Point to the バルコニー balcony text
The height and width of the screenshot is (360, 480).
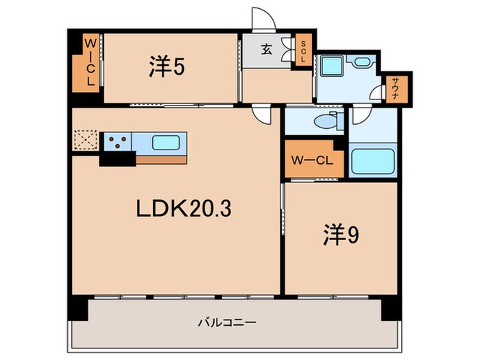(227, 322)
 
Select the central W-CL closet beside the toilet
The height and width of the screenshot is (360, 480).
(312, 161)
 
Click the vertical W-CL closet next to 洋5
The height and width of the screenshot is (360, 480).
(88, 62)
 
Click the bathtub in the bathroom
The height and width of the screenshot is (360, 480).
(372, 161)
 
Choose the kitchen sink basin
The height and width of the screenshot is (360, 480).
(167, 143)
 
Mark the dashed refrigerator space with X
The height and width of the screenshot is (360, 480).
(86, 140)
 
